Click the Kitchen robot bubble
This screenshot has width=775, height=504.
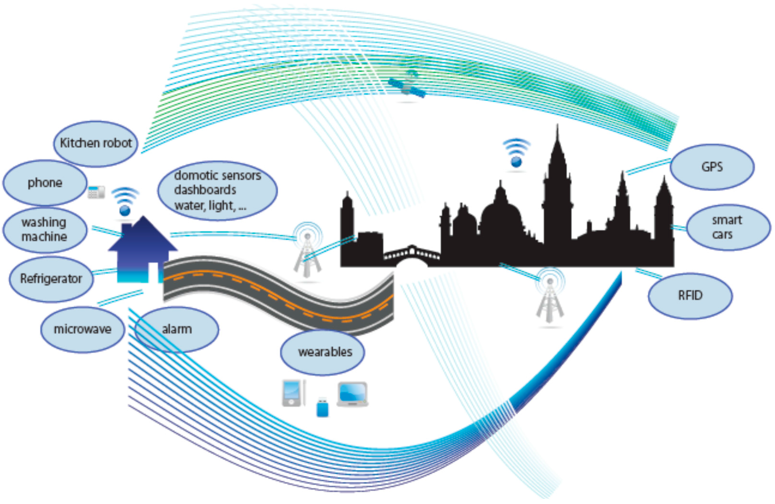click(x=96, y=143)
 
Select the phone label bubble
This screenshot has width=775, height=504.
click(x=45, y=182)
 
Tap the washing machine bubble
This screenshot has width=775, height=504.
click(x=45, y=230)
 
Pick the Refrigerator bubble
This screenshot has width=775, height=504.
click(x=51, y=279)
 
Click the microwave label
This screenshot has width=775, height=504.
click(x=83, y=329)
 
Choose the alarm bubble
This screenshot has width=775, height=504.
click(x=177, y=329)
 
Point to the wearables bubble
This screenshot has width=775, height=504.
click(x=322, y=352)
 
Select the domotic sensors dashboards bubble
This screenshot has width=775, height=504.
click(x=218, y=190)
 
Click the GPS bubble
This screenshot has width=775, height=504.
click(x=712, y=167)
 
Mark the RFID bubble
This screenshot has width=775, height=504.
click(x=690, y=296)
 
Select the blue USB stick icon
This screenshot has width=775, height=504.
click(x=322, y=407)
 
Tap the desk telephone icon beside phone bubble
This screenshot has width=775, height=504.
click(x=96, y=192)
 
